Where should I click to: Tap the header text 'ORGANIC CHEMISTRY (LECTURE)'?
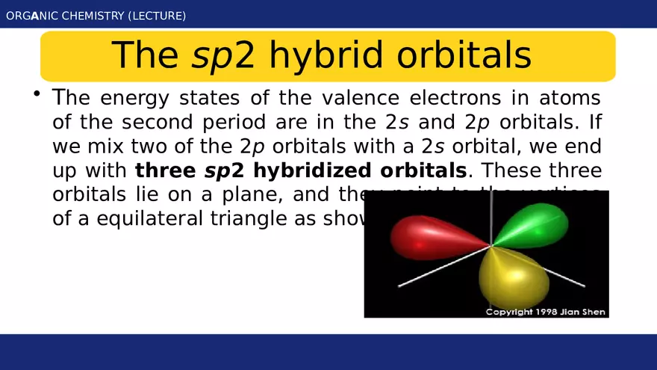[x=96, y=16]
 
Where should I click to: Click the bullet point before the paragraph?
[x=35, y=94]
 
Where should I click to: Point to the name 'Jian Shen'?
[x=582, y=311]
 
